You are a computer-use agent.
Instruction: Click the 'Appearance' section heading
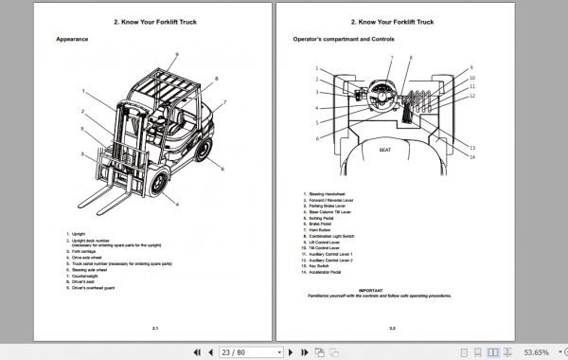click(72, 39)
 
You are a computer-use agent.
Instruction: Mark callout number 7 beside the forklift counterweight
click(224, 102)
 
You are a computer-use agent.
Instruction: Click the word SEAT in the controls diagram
click(385, 150)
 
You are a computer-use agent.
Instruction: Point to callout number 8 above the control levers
click(410, 59)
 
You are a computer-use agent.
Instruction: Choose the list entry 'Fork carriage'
click(86, 250)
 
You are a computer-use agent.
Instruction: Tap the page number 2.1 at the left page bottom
click(154, 328)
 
